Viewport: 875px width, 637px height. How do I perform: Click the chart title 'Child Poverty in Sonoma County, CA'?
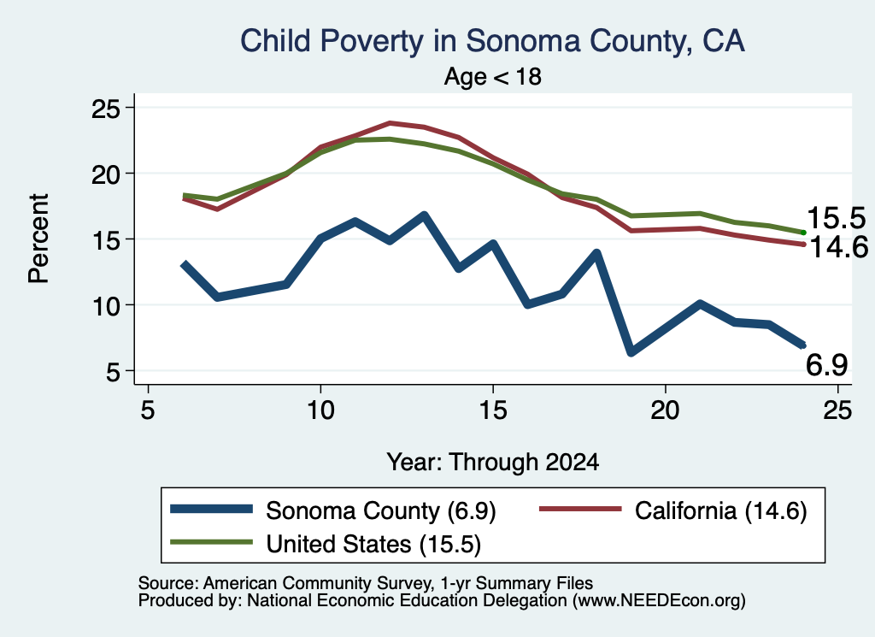pyautogui.click(x=492, y=41)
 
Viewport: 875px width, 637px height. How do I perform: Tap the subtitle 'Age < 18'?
pyautogui.click(x=493, y=76)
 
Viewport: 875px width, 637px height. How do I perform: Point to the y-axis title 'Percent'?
pyautogui.click(x=38, y=239)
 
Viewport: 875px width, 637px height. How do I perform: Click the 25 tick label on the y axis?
pyautogui.click(x=105, y=109)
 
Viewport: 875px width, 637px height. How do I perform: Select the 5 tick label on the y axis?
pyautogui.click(x=113, y=372)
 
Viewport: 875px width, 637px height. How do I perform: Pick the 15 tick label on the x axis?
pyautogui.click(x=493, y=411)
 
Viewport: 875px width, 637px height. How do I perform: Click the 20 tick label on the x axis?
pyautogui.click(x=665, y=411)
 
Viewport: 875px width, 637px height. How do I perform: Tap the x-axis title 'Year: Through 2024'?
pyautogui.click(x=493, y=463)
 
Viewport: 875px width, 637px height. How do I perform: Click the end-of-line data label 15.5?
pyautogui.click(x=836, y=218)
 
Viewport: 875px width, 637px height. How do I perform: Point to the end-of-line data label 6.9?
pyautogui.click(x=826, y=365)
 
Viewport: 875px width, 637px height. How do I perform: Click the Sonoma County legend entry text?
pyautogui.click(x=380, y=510)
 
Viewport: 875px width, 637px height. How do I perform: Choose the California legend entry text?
pyautogui.click(x=721, y=510)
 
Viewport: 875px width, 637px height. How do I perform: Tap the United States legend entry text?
pyautogui.click(x=373, y=544)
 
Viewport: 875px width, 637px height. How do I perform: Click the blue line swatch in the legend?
pyautogui.click(x=212, y=509)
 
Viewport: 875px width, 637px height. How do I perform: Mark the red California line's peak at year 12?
pyautogui.click(x=390, y=123)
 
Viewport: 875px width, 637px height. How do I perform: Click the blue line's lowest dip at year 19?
pyautogui.click(x=631, y=352)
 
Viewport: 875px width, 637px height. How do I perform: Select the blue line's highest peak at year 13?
pyautogui.click(x=424, y=215)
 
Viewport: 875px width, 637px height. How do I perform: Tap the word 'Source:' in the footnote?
pyautogui.click(x=168, y=583)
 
